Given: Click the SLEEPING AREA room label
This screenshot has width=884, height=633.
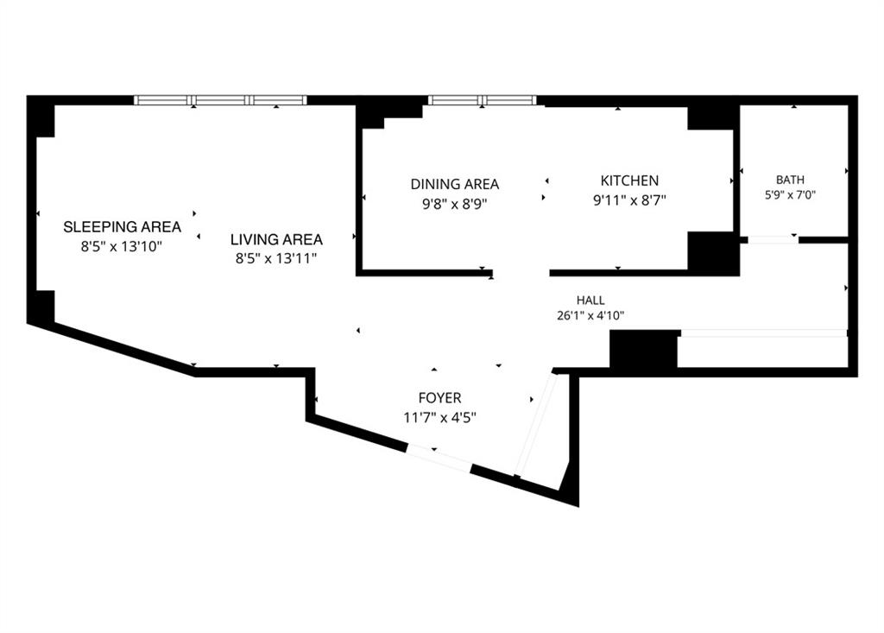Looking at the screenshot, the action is click(122, 227).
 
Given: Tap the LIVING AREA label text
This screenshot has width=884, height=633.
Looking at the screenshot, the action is click(276, 240).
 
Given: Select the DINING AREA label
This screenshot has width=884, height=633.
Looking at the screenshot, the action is click(454, 184).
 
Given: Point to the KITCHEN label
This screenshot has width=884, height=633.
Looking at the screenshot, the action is click(629, 180).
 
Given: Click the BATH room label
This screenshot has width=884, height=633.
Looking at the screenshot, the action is click(790, 180).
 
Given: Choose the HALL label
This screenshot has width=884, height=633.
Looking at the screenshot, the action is click(590, 301).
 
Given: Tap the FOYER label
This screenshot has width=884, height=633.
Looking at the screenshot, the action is click(439, 398).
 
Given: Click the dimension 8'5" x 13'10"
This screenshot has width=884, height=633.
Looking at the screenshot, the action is click(121, 246).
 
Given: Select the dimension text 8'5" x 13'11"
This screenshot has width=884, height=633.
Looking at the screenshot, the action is click(276, 259).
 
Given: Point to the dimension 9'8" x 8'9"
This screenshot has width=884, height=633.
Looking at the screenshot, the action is click(454, 204).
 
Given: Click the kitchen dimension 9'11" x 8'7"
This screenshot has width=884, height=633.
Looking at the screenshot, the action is click(629, 200).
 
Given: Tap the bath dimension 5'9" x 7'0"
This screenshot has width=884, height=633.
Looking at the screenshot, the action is click(790, 195).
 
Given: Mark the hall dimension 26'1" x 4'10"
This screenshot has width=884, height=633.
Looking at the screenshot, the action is click(590, 316).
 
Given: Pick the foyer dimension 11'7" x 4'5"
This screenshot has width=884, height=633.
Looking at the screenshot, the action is click(439, 418).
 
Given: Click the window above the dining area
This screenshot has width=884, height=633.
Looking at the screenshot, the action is click(482, 100).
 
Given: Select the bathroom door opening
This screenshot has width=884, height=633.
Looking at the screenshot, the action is click(773, 240).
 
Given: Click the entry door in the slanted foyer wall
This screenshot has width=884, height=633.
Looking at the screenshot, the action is click(439, 458).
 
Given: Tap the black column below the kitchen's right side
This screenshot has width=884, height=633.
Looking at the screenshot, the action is click(713, 253).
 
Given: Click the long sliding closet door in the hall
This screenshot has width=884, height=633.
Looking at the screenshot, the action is click(764, 333).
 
